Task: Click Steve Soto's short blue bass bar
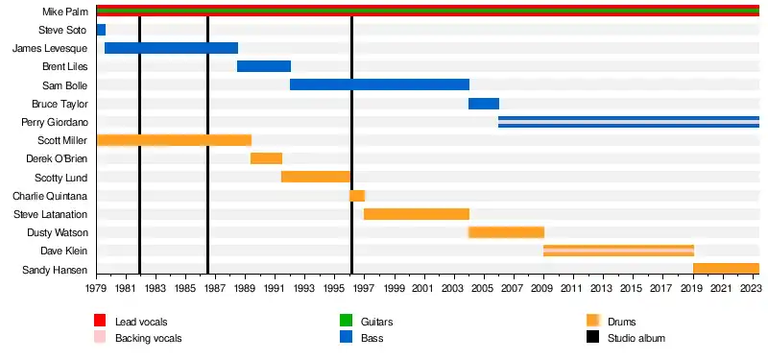click(101, 30)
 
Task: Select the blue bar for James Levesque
click(172, 48)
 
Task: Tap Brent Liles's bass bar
click(264, 66)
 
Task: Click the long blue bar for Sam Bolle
click(379, 84)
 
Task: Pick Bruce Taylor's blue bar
click(484, 104)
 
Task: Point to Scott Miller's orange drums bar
click(175, 140)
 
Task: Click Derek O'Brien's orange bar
click(267, 158)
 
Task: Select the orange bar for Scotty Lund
click(316, 177)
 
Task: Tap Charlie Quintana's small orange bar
click(357, 196)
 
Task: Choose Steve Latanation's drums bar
click(417, 214)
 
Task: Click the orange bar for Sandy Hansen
click(727, 269)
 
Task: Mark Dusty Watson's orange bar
click(507, 232)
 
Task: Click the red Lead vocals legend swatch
click(100, 321)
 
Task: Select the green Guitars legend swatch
click(346, 321)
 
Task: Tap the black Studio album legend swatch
click(592, 337)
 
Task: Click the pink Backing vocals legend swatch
click(100, 337)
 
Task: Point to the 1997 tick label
click(365, 285)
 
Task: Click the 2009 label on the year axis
click(543, 285)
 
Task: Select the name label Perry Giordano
click(55, 122)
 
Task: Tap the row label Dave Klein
click(64, 251)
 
